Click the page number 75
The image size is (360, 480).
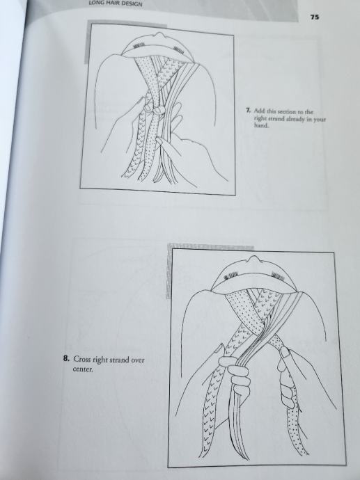pos(315,17)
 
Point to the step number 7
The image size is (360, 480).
pos(248,110)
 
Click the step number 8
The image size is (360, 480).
pos(66,358)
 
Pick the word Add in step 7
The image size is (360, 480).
pos(258,111)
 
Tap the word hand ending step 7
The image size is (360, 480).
pos(261,125)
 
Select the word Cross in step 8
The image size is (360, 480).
pos(81,359)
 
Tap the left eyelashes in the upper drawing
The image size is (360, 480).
pos(139,46)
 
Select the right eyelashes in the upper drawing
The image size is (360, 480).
pos(179,49)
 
